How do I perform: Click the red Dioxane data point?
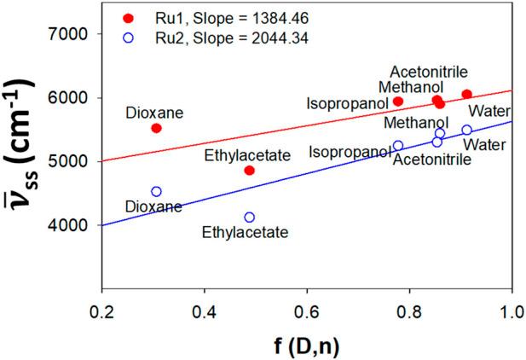[156, 128]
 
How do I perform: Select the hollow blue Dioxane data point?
[156, 192]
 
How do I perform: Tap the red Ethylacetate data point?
[249, 171]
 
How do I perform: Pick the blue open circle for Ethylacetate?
[249, 218]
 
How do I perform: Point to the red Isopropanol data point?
[398, 102]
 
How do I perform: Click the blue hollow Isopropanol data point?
[398, 146]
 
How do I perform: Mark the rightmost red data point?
[466, 94]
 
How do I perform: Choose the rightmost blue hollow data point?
[466, 130]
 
